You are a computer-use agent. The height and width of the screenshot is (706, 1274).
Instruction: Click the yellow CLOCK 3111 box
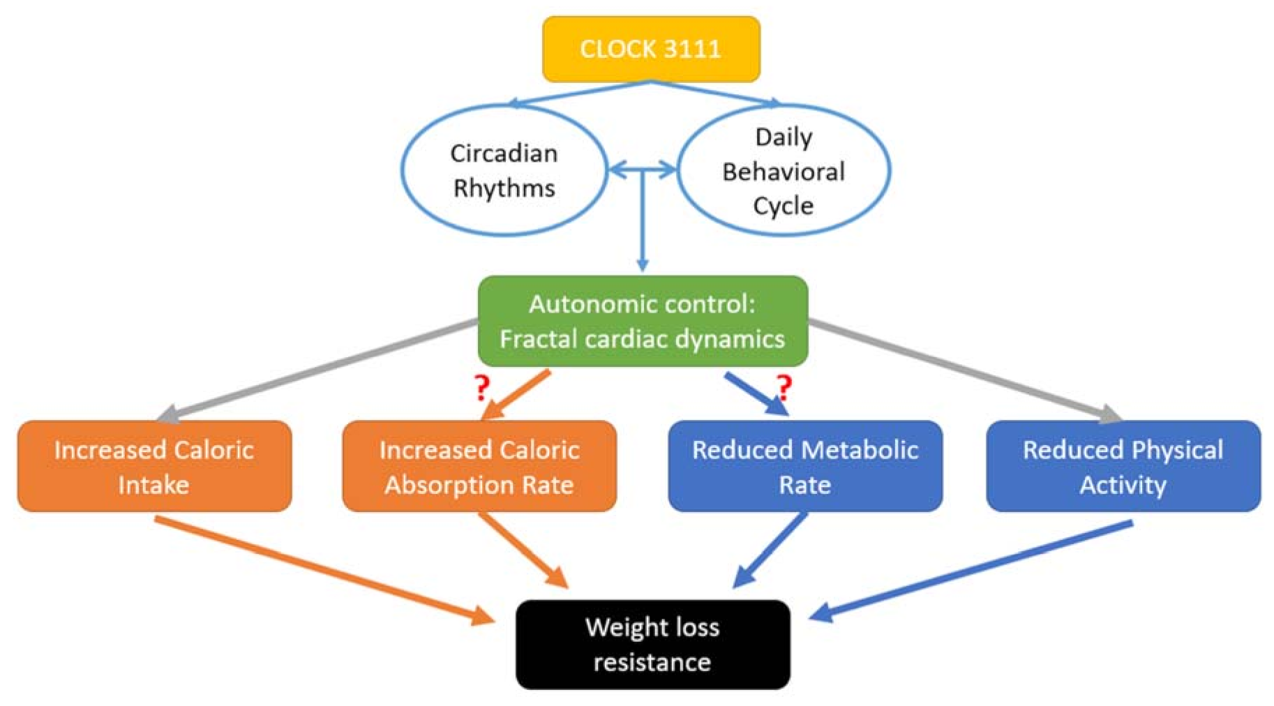[651, 49]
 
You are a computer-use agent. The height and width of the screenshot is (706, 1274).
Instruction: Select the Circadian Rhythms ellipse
[504, 170]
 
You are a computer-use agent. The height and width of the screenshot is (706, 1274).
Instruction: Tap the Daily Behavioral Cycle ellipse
[783, 170]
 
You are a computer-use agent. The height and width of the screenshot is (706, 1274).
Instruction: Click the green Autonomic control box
[643, 321]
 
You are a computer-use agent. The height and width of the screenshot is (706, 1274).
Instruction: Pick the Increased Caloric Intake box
[154, 466]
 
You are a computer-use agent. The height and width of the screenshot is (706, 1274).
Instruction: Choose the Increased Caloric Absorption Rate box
[479, 466]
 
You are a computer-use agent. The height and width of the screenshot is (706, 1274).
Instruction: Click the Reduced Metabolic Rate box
[804, 466]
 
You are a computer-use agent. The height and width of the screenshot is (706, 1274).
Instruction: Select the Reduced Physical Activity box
[1123, 466]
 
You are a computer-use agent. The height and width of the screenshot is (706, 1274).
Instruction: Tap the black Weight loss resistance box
[652, 644]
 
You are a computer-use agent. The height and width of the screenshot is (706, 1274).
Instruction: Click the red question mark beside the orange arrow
[481, 387]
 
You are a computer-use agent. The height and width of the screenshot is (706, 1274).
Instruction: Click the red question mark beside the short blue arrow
[784, 386]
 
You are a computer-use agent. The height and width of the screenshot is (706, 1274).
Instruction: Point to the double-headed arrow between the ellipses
[643, 169]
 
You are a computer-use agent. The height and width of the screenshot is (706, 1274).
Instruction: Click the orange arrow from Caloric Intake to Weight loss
[321, 569]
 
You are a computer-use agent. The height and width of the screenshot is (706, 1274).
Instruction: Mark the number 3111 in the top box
[692, 49]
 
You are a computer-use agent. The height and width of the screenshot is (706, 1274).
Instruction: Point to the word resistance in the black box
[652, 661]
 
